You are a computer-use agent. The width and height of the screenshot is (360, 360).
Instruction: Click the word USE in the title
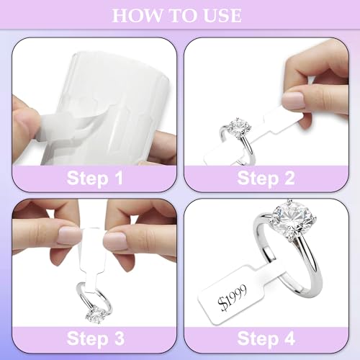click(222, 16)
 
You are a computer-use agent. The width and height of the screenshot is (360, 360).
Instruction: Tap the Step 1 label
click(95, 179)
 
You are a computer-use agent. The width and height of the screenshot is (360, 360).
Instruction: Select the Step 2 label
click(266, 179)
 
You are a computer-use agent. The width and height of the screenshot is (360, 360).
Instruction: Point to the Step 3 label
click(96, 338)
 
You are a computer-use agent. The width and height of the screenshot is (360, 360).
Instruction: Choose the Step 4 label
click(266, 338)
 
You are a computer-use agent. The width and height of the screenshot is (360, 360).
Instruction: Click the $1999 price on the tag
click(233, 297)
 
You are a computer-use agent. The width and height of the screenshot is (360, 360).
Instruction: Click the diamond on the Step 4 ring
click(293, 220)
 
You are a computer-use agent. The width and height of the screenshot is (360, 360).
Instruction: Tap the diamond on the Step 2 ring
click(239, 128)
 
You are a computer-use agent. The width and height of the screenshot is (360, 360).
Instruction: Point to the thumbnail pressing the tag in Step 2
click(293, 100)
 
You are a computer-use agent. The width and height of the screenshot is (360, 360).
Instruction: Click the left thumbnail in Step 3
click(70, 235)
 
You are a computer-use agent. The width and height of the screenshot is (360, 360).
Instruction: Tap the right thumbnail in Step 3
click(115, 240)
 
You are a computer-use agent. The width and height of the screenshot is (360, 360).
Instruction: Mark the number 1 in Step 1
click(119, 178)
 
